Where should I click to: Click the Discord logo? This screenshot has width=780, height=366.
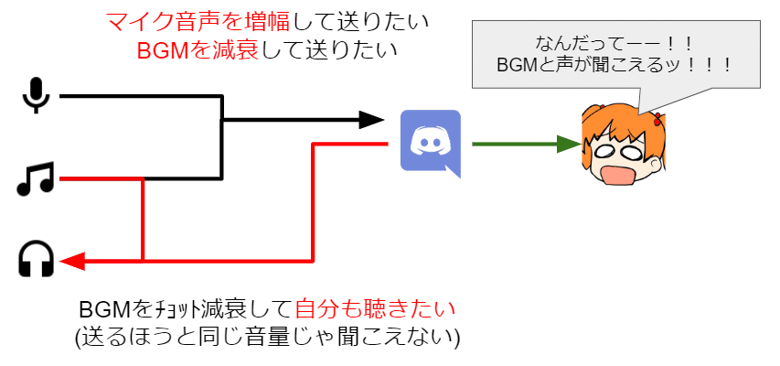430,143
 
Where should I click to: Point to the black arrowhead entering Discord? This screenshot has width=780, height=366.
371,119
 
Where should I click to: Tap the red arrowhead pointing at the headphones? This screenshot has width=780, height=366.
73,262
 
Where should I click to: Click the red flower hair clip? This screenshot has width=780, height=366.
657,118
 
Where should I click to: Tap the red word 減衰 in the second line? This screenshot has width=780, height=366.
240,50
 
